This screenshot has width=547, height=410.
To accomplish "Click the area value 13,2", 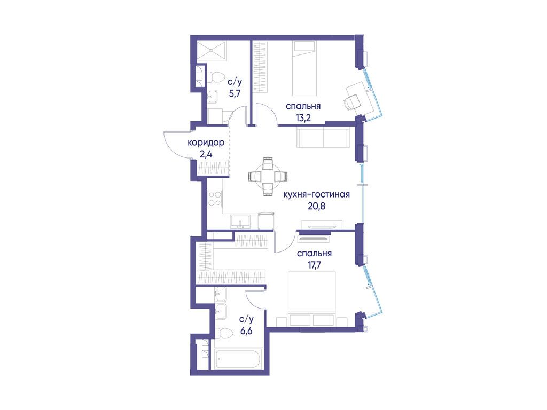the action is point(303,118).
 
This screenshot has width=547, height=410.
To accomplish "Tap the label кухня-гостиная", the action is point(316,194).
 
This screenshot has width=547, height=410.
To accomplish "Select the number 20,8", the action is point(316,206).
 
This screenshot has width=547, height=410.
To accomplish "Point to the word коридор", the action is point(206,143).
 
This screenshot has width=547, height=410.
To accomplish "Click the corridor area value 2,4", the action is point(206,154).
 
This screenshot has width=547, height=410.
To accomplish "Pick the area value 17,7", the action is point(314,265).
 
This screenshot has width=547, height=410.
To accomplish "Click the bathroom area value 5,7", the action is point(235,93).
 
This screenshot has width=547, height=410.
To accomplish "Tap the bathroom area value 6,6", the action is point(246,330).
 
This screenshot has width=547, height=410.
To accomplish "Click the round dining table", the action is point(268,176).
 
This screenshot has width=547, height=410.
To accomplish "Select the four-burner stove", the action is point(215,199).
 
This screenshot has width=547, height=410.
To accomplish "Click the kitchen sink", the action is point(240,222).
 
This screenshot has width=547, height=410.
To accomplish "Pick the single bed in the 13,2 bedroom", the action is point(304,68).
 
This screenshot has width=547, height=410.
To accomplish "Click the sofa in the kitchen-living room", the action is point(323,137).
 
